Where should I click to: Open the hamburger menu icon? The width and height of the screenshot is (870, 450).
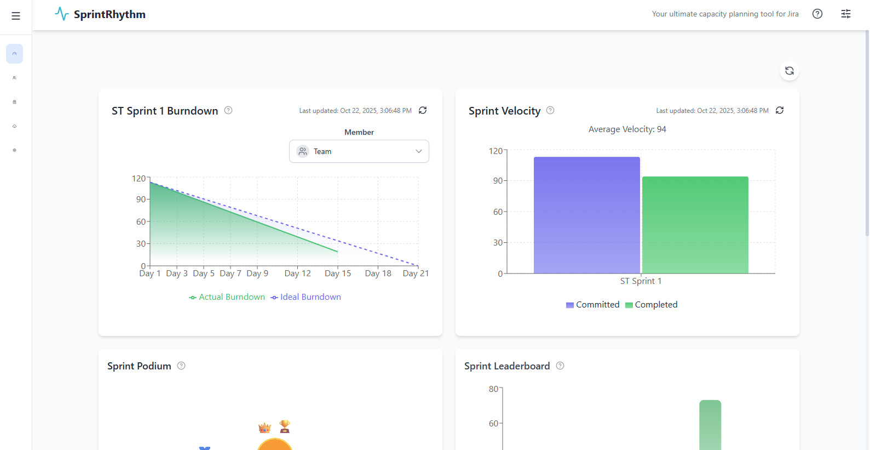click(16, 16)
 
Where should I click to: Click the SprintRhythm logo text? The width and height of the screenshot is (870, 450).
click(110, 15)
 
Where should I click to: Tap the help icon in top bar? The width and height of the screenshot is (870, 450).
click(817, 14)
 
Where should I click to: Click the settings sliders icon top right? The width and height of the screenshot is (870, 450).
click(845, 14)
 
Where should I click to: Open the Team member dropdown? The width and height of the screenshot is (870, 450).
click(359, 151)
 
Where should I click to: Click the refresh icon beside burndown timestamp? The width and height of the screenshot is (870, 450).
click(423, 110)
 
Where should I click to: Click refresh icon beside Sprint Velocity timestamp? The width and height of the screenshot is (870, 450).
click(780, 110)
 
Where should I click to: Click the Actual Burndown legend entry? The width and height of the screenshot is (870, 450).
click(227, 297)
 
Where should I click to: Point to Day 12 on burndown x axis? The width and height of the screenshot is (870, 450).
click(297, 274)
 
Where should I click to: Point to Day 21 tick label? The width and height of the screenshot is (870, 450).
click(416, 274)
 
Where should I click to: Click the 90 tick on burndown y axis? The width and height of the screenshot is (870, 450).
click(141, 200)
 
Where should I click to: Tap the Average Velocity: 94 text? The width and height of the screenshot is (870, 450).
click(627, 129)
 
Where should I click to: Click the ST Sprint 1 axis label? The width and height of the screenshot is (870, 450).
click(641, 281)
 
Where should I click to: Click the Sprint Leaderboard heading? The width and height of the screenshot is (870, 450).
click(506, 366)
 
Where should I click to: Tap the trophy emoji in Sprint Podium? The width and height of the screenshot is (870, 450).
click(285, 426)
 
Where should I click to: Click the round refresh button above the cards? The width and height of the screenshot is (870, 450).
click(789, 71)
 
